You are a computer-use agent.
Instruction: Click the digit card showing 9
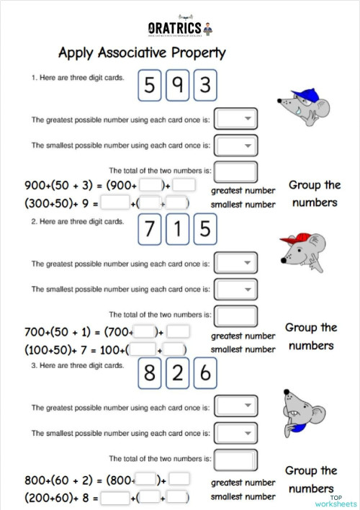coord(177,86)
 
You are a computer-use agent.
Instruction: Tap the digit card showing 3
coord(205,86)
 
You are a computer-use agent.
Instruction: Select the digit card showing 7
coord(150,229)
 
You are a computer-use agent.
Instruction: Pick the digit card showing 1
coord(177,229)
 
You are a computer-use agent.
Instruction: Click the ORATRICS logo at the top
coord(179,28)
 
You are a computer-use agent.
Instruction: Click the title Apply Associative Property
coord(142,53)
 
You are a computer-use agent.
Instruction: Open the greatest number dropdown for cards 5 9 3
coord(235,119)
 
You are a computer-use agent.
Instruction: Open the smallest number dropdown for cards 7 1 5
coord(235,290)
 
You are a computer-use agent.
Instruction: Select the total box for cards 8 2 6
coord(235,459)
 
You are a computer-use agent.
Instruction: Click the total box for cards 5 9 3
coord(235,171)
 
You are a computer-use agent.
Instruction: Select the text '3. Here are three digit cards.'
coord(77,366)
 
